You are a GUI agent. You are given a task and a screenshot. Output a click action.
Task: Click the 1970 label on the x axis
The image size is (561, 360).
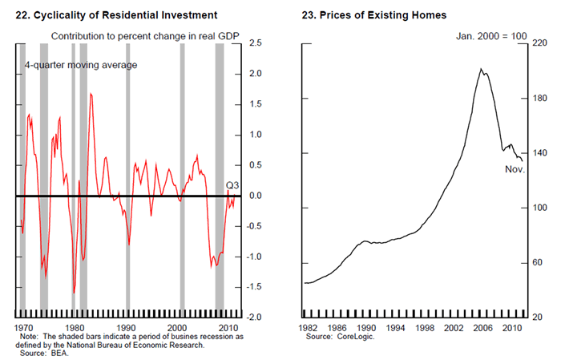tap(24, 329)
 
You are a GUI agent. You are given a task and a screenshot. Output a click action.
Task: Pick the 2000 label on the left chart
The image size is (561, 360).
tap(179, 329)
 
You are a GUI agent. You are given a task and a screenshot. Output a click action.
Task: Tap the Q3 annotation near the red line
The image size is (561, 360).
tap(233, 185)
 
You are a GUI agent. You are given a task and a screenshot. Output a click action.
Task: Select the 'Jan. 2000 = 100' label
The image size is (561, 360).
tap(489, 37)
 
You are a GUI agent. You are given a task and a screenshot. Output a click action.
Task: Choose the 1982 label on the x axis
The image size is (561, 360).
tap(307, 329)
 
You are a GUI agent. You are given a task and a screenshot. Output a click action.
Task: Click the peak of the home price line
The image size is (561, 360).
tap(480, 69)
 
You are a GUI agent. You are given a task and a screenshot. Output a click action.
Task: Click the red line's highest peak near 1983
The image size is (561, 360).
tap(91, 94)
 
